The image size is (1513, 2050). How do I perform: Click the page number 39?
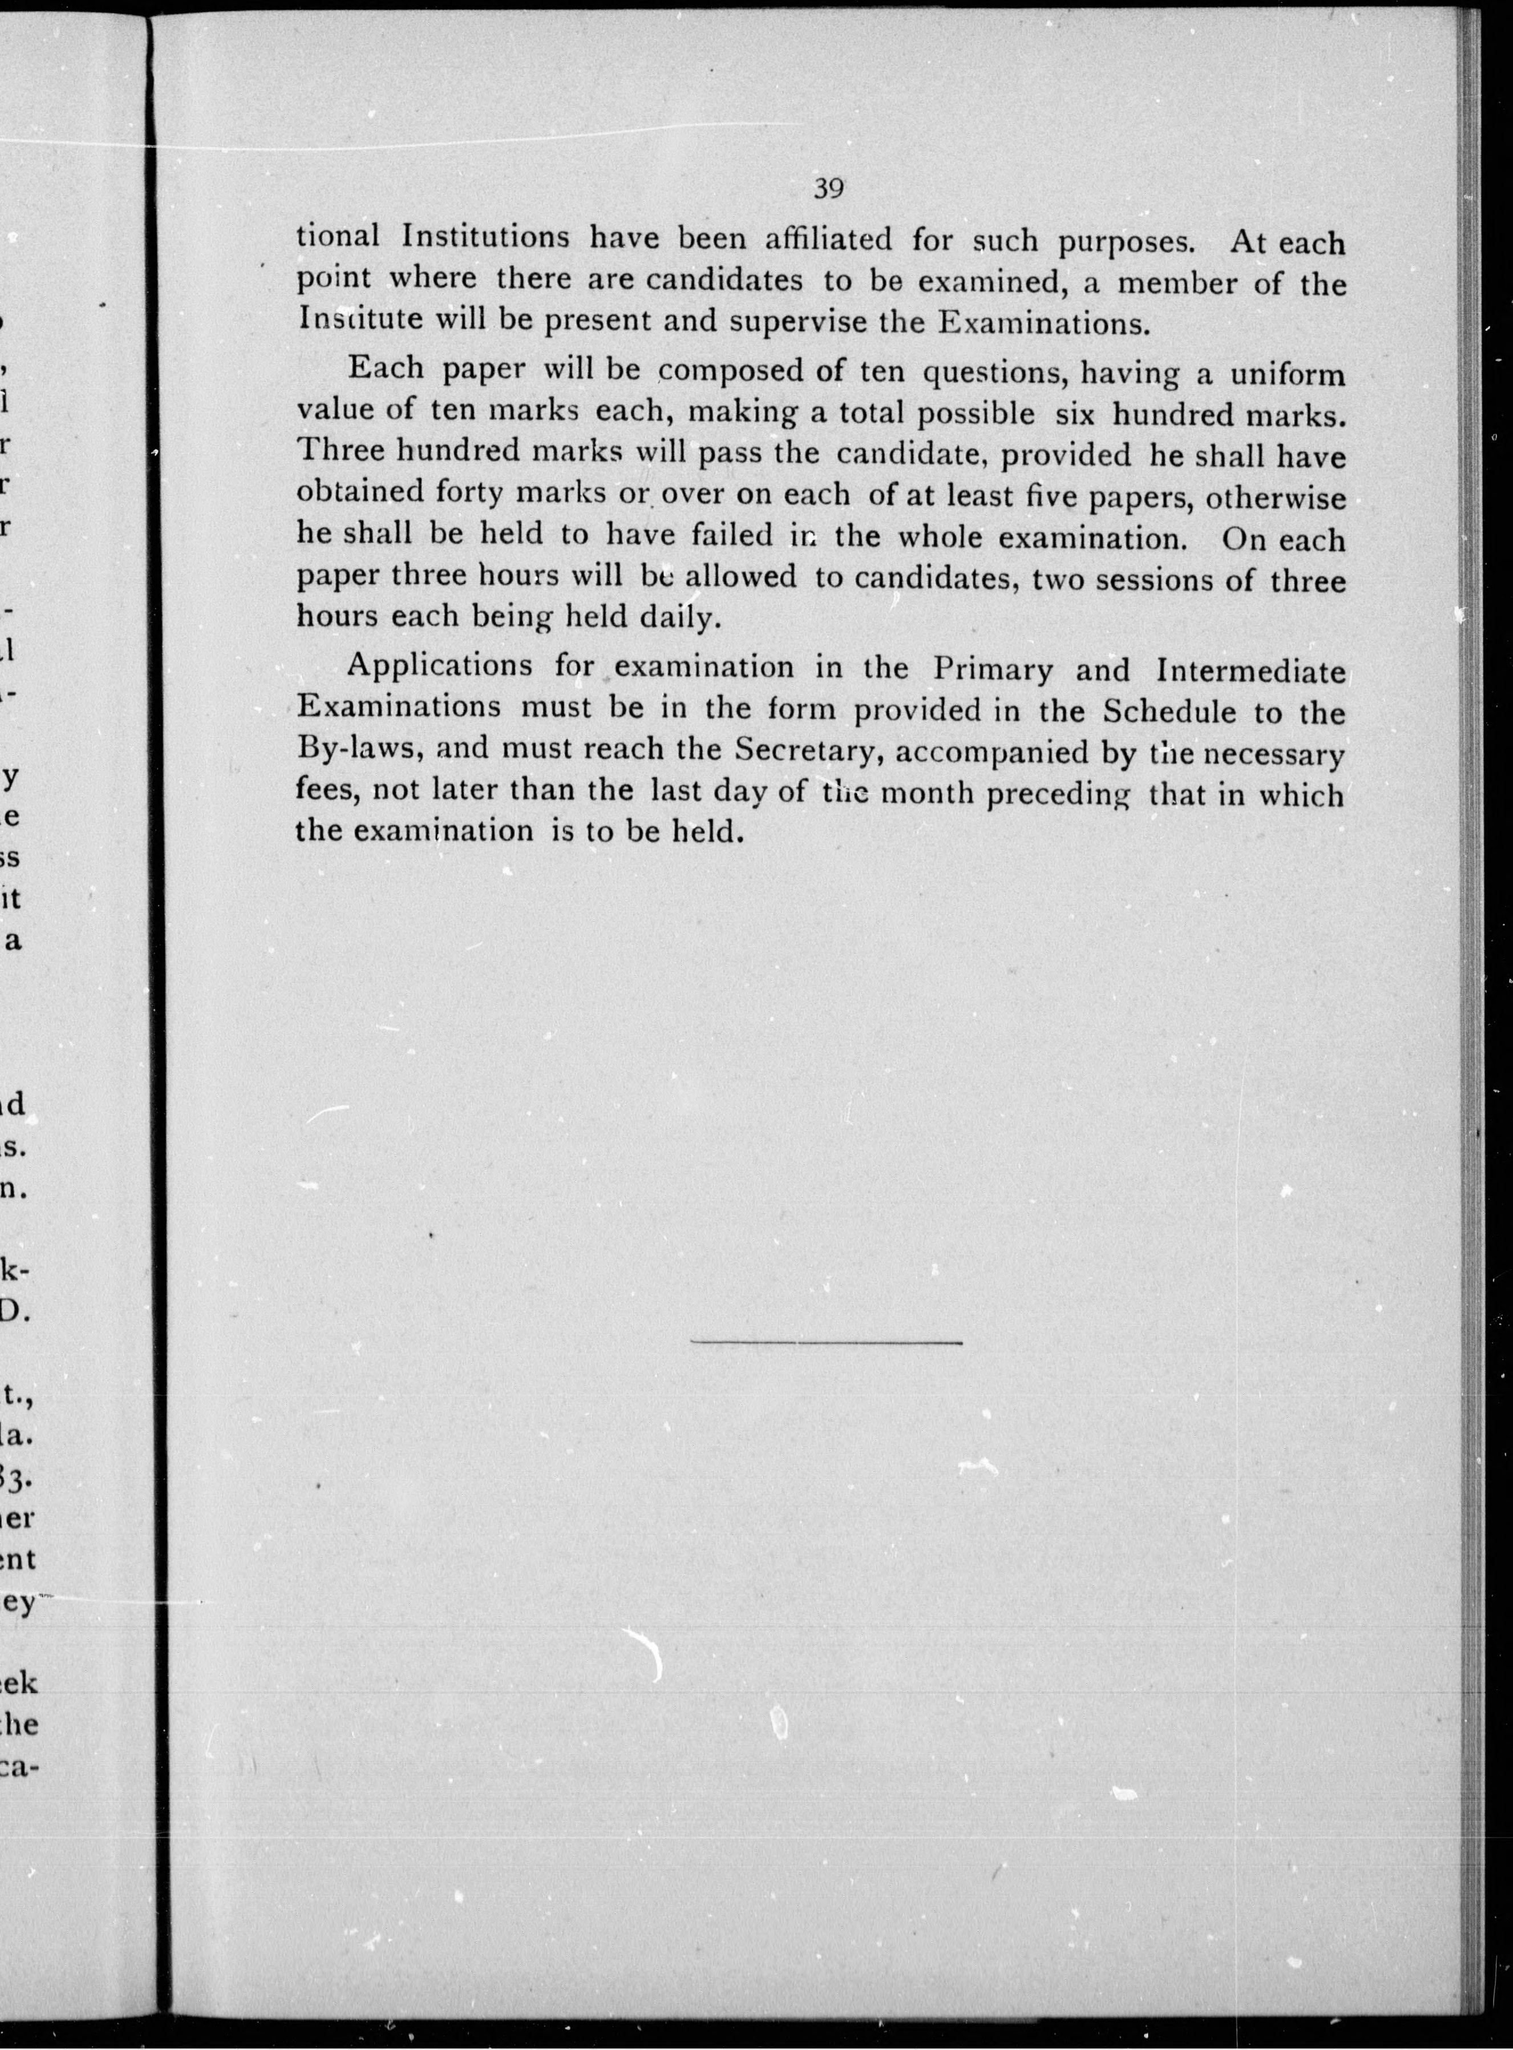[828, 189]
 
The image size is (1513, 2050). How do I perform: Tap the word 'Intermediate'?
[1251, 671]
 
